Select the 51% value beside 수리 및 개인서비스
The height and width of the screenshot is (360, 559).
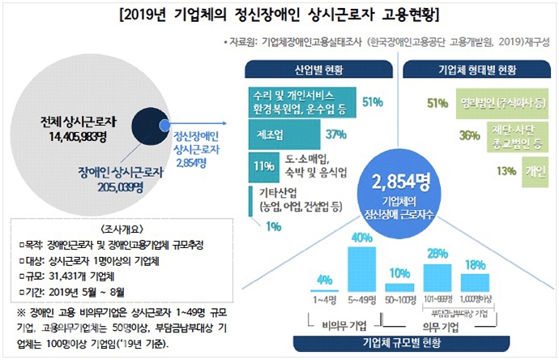pos(373,102)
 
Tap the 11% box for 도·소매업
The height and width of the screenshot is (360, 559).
pos(261,166)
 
